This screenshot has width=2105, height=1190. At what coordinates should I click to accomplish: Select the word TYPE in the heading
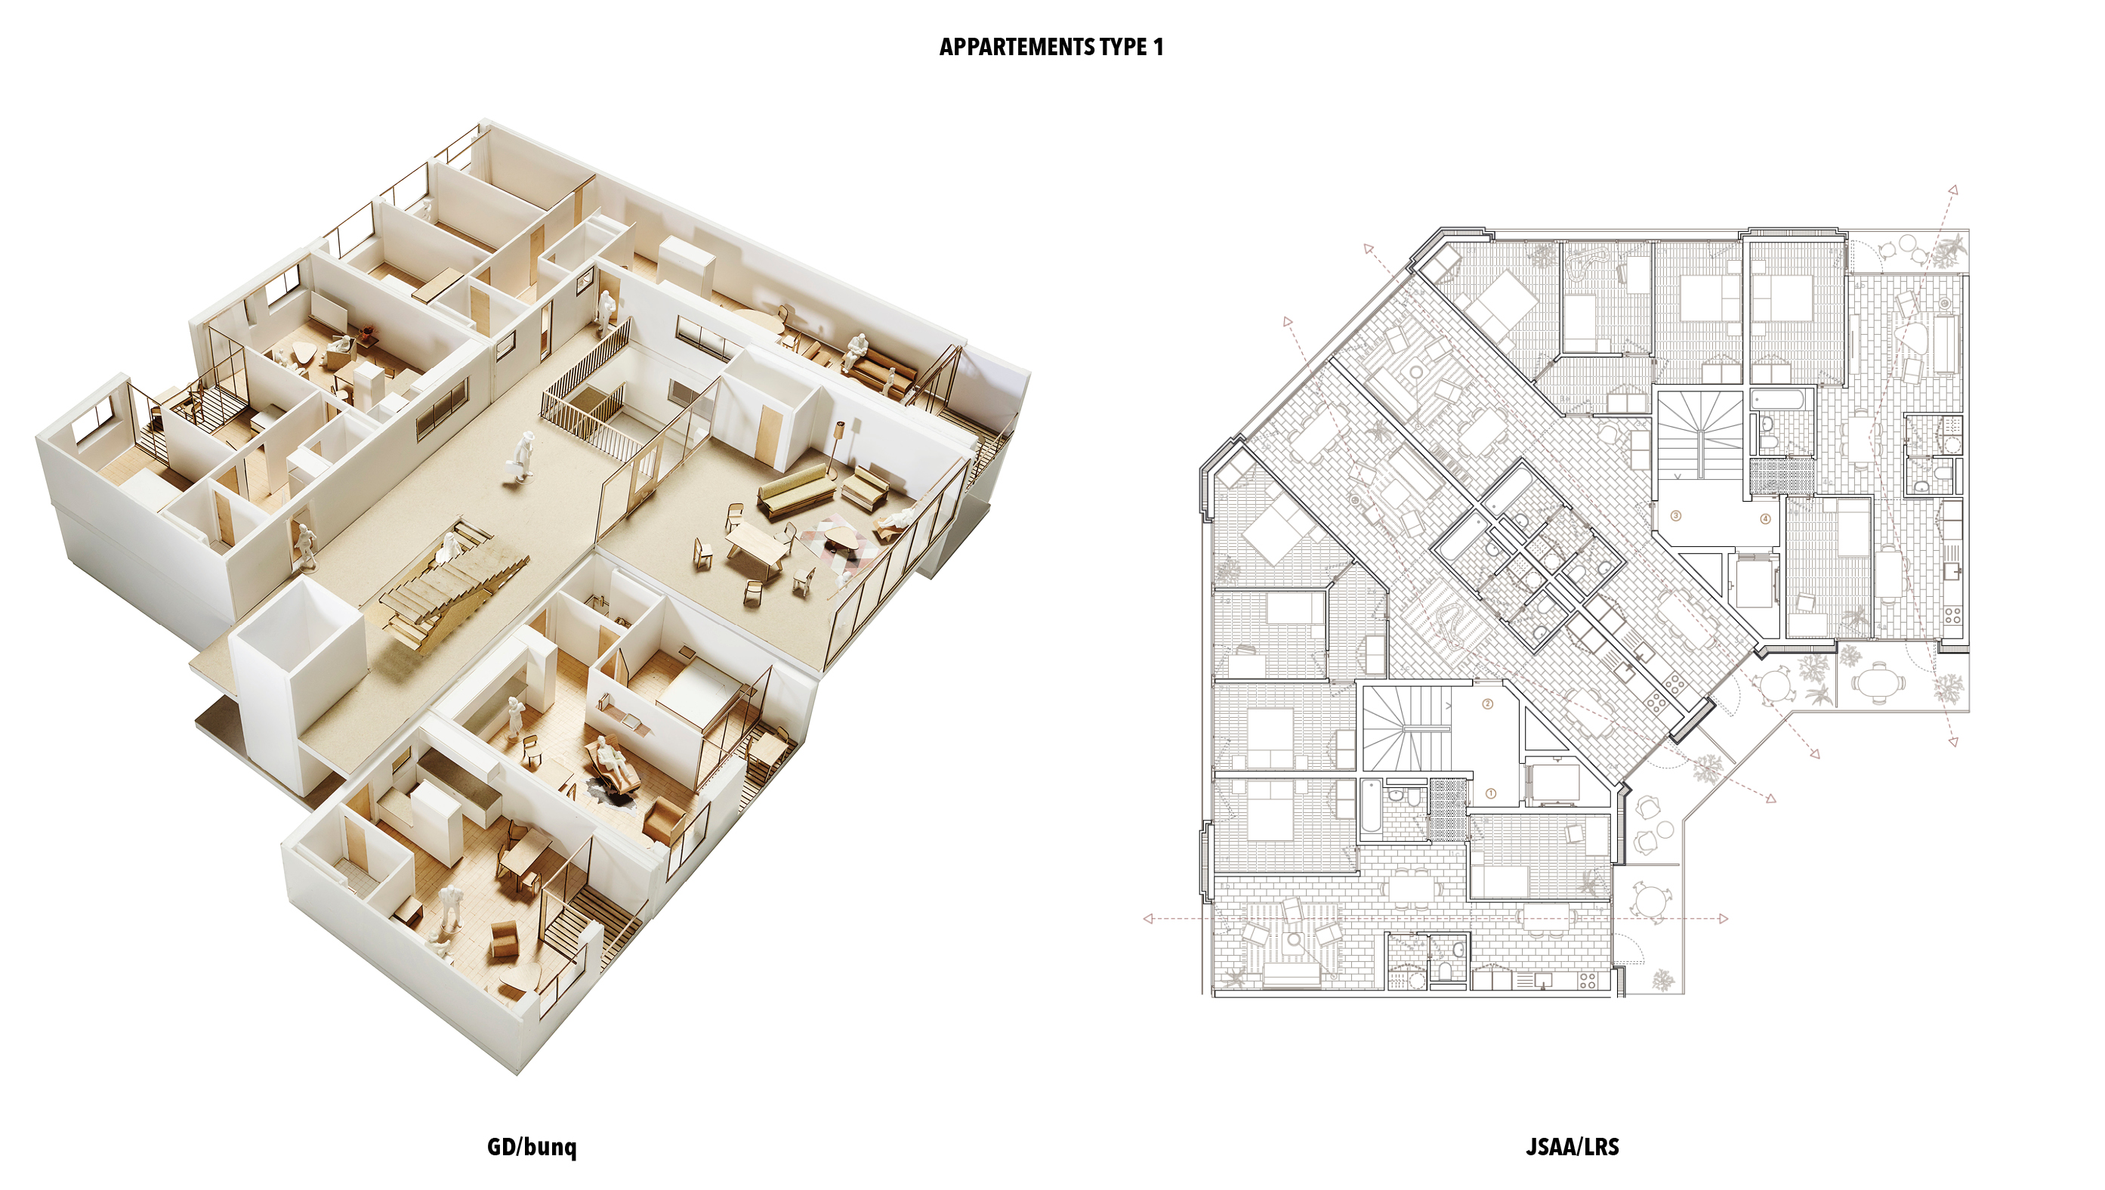click(1124, 48)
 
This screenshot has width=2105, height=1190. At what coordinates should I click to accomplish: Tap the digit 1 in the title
click(1158, 48)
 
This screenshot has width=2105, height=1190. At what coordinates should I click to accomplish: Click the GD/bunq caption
click(531, 1147)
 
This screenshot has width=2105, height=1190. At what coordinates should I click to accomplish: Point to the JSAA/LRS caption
click(1572, 1147)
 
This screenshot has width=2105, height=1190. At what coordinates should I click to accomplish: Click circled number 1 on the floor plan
click(1490, 793)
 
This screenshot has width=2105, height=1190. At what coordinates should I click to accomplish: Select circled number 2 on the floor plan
click(1487, 703)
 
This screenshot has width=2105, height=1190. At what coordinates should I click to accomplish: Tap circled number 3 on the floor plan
click(1676, 516)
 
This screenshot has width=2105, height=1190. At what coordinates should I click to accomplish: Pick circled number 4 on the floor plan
click(1765, 518)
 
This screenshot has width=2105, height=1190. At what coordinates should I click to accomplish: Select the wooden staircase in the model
click(441, 589)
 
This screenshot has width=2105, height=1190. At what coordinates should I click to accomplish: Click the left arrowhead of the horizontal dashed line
click(1149, 919)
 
